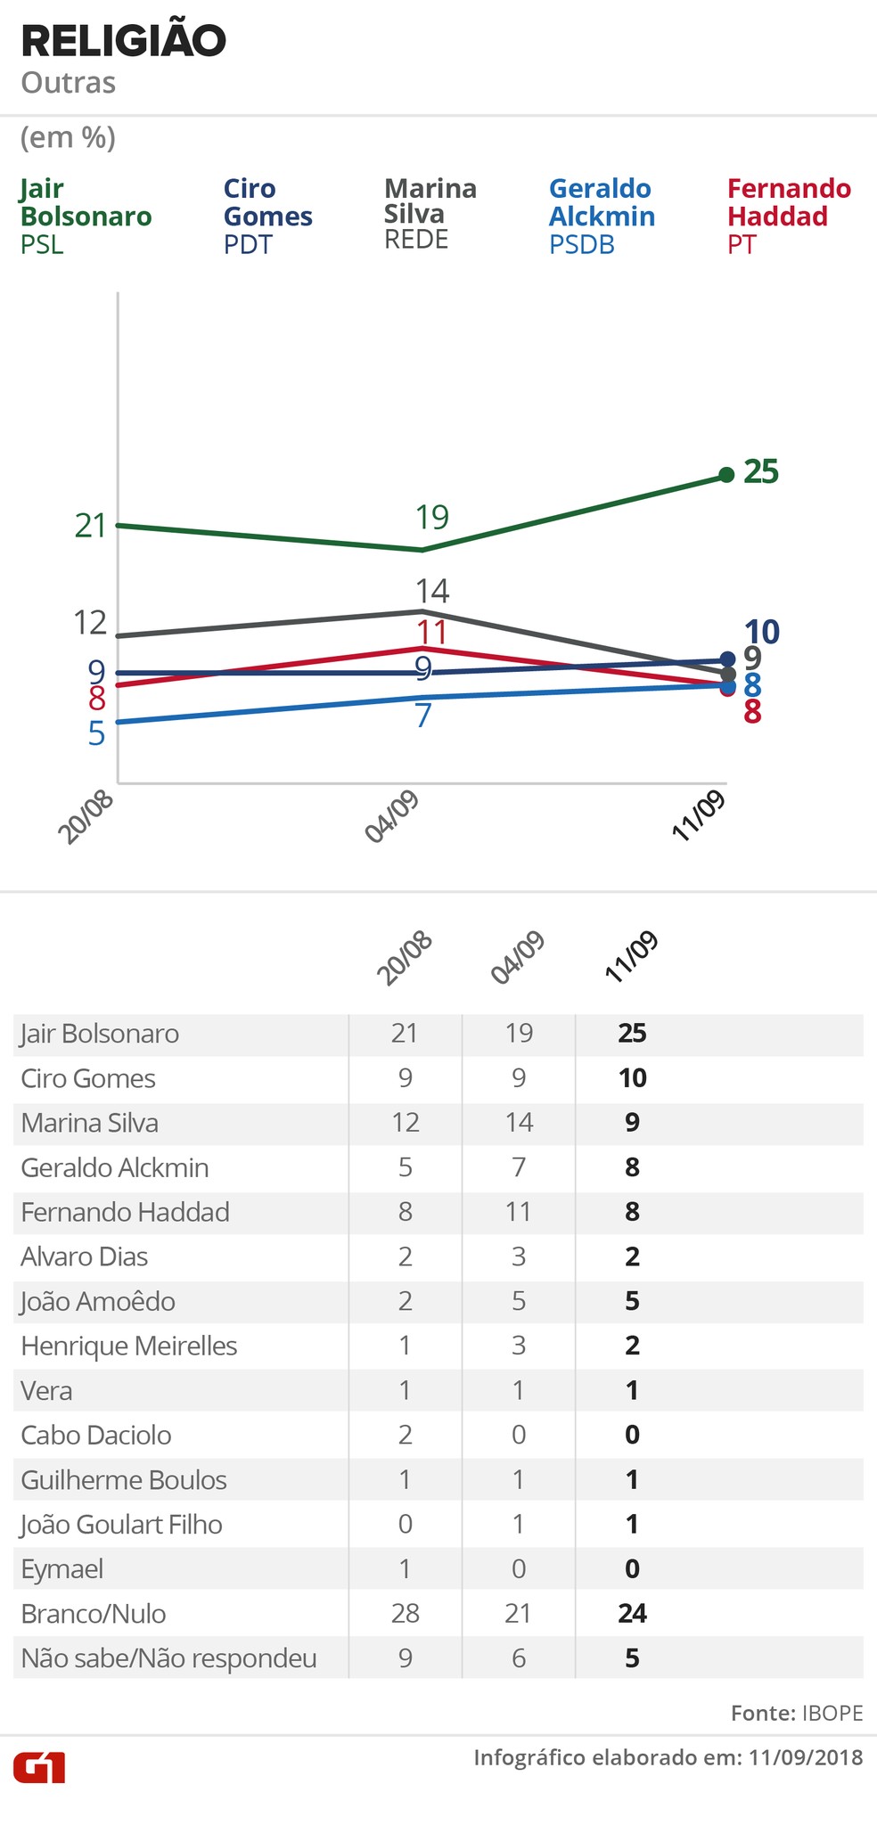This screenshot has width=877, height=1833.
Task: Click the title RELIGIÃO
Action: point(123,41)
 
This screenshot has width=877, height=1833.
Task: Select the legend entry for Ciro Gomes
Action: point(266,216)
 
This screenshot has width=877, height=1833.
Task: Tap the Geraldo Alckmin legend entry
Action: point(602,216)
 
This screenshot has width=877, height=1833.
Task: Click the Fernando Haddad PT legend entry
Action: point(789,216)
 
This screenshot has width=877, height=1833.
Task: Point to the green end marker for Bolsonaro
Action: point(726,475)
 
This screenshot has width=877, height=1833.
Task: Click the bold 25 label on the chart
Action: point(761,471)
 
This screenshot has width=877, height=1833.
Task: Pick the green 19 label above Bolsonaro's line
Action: point(432,518)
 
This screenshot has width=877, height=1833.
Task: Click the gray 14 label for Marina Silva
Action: point(432,591)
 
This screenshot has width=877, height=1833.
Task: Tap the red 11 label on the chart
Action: point(431,633)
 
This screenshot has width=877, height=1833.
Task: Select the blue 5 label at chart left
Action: point(96,734)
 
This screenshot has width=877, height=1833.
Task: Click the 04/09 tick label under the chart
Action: point(392,817)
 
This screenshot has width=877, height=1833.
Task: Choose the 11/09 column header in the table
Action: point(631,957)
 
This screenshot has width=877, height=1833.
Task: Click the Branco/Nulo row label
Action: point(94,1614)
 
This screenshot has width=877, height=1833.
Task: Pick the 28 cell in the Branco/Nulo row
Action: point(405,1614)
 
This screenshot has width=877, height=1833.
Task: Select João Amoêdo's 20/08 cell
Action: point(405,1301)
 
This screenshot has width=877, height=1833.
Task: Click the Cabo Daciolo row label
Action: point(96,1436)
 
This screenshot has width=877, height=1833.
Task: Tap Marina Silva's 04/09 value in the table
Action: point(519,1123)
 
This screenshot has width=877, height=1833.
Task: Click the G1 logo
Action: point(39,1767)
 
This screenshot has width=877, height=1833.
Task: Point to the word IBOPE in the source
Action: point(832,1714)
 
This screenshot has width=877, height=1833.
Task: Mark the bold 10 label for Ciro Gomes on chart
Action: point(761,633)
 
